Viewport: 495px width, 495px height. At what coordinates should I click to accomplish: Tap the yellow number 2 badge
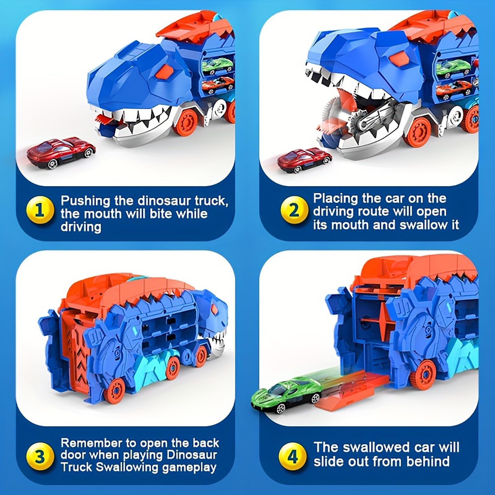tap(293, 210)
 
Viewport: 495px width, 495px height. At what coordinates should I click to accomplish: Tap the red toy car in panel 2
tap(304, 160)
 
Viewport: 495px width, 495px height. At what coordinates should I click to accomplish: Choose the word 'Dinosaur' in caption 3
tap(191, 455)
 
